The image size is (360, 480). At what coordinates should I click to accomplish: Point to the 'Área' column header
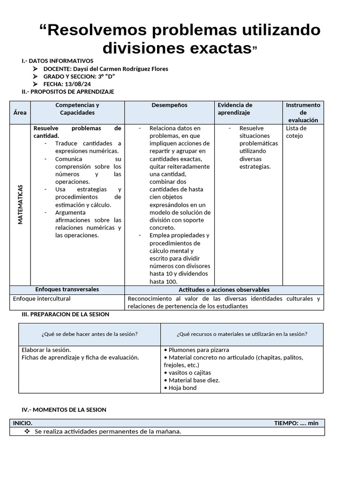coord(20,112)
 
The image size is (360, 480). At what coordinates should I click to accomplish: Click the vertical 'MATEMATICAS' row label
coord(20,204)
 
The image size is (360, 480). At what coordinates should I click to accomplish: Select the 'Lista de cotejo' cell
coord(296,132)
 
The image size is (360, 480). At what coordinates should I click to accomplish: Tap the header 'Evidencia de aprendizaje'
coord(235,109)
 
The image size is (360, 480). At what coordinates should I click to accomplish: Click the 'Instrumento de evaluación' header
coord(303,112)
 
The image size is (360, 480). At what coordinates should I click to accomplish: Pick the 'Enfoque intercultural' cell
coord(42,299)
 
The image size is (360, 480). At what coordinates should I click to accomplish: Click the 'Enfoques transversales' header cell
coord(67,290)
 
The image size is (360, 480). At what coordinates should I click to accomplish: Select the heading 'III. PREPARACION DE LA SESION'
coord(65,315)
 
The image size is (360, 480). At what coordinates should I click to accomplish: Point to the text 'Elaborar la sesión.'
coord(46,350)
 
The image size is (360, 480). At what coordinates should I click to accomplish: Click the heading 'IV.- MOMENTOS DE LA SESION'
coord(64,410)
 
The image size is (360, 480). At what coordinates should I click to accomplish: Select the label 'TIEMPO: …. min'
coord(296,423)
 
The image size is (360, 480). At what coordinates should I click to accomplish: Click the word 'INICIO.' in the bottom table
coord(23,423)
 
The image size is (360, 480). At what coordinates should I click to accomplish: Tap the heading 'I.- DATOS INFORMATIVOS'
coord(57,61)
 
